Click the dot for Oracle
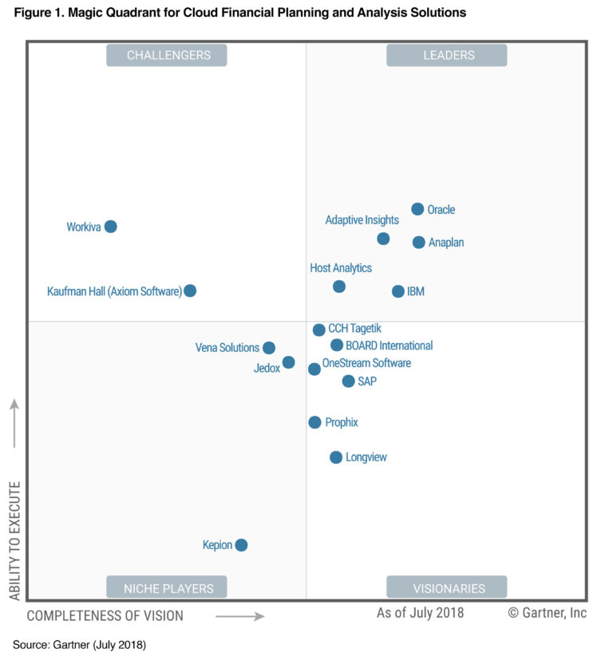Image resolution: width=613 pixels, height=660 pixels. click(x=417, y=209)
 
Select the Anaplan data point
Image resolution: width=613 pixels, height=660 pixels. click(x=419, y=242)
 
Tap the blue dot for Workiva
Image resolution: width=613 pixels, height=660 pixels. click(x=111, y=227)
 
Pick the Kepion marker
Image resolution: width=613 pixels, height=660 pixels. click(x=241, y=545)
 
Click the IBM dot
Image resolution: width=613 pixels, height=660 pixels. click(x=398, y=291)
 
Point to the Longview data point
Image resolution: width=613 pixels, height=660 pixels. click(x=336, y=457)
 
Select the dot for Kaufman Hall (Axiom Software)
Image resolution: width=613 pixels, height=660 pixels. click(x=190, y=290)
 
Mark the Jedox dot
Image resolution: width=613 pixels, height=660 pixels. click(x=289, y=362)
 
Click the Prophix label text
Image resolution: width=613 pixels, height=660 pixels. click(x=342, y=422)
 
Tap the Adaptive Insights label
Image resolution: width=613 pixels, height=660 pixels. click(x=362, y=220)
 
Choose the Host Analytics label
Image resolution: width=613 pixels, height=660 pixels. click(x=341, y=268)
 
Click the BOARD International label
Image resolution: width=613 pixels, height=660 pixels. click(x=390, y=346)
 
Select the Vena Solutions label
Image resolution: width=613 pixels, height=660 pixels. click(x=227, y=348)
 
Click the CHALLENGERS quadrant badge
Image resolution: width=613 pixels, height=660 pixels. click(x=167, y=55)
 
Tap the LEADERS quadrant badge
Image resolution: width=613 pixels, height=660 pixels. click(x=447, y=55)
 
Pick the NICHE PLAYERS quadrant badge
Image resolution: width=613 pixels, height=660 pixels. click(x=167, y=588)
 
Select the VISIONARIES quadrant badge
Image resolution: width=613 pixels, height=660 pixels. click(x=447, y=588)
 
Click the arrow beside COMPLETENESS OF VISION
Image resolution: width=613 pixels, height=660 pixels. click(x=239, y=616)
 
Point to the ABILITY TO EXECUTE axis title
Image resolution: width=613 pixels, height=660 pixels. click(x=14, y=540)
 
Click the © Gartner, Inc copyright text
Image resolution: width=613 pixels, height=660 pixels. click(x=547, y=613)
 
